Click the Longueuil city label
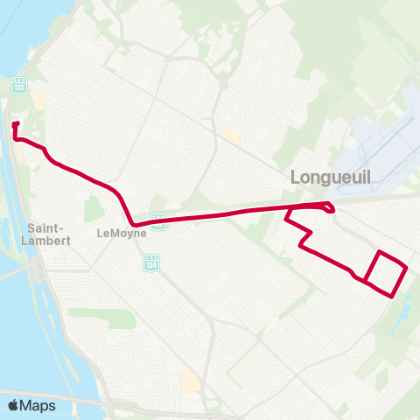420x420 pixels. click(331, 178)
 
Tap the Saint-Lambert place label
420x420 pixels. click(49, 234)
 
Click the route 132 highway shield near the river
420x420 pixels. click(18, 86)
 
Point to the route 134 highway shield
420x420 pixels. click(152, 262)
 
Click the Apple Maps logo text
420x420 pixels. click(38, 405)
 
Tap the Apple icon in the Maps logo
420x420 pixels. click(13, 404)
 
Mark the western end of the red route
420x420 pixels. click(15, 125)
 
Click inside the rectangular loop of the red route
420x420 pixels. click(386, 275)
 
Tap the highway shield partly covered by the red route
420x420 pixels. click(158, 221)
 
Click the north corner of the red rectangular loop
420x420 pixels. click(380, 252)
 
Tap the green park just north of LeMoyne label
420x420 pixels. click(93, 209)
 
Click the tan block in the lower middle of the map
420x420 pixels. click(191, 381)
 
